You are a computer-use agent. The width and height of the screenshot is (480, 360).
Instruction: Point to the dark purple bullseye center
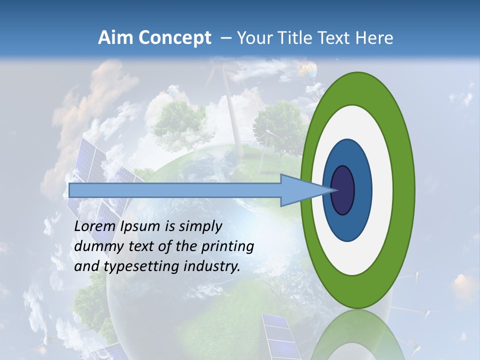pyautogui.click(x=343, y=190)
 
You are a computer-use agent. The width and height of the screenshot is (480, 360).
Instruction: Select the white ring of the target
pyautogui.click(x=382, y=190)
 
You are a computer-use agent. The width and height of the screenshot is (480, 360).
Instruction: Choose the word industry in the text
pyautogui.click(x=212, y=266)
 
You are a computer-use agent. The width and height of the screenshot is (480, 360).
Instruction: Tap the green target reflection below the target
pyautogui.click(x=357, y=335)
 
